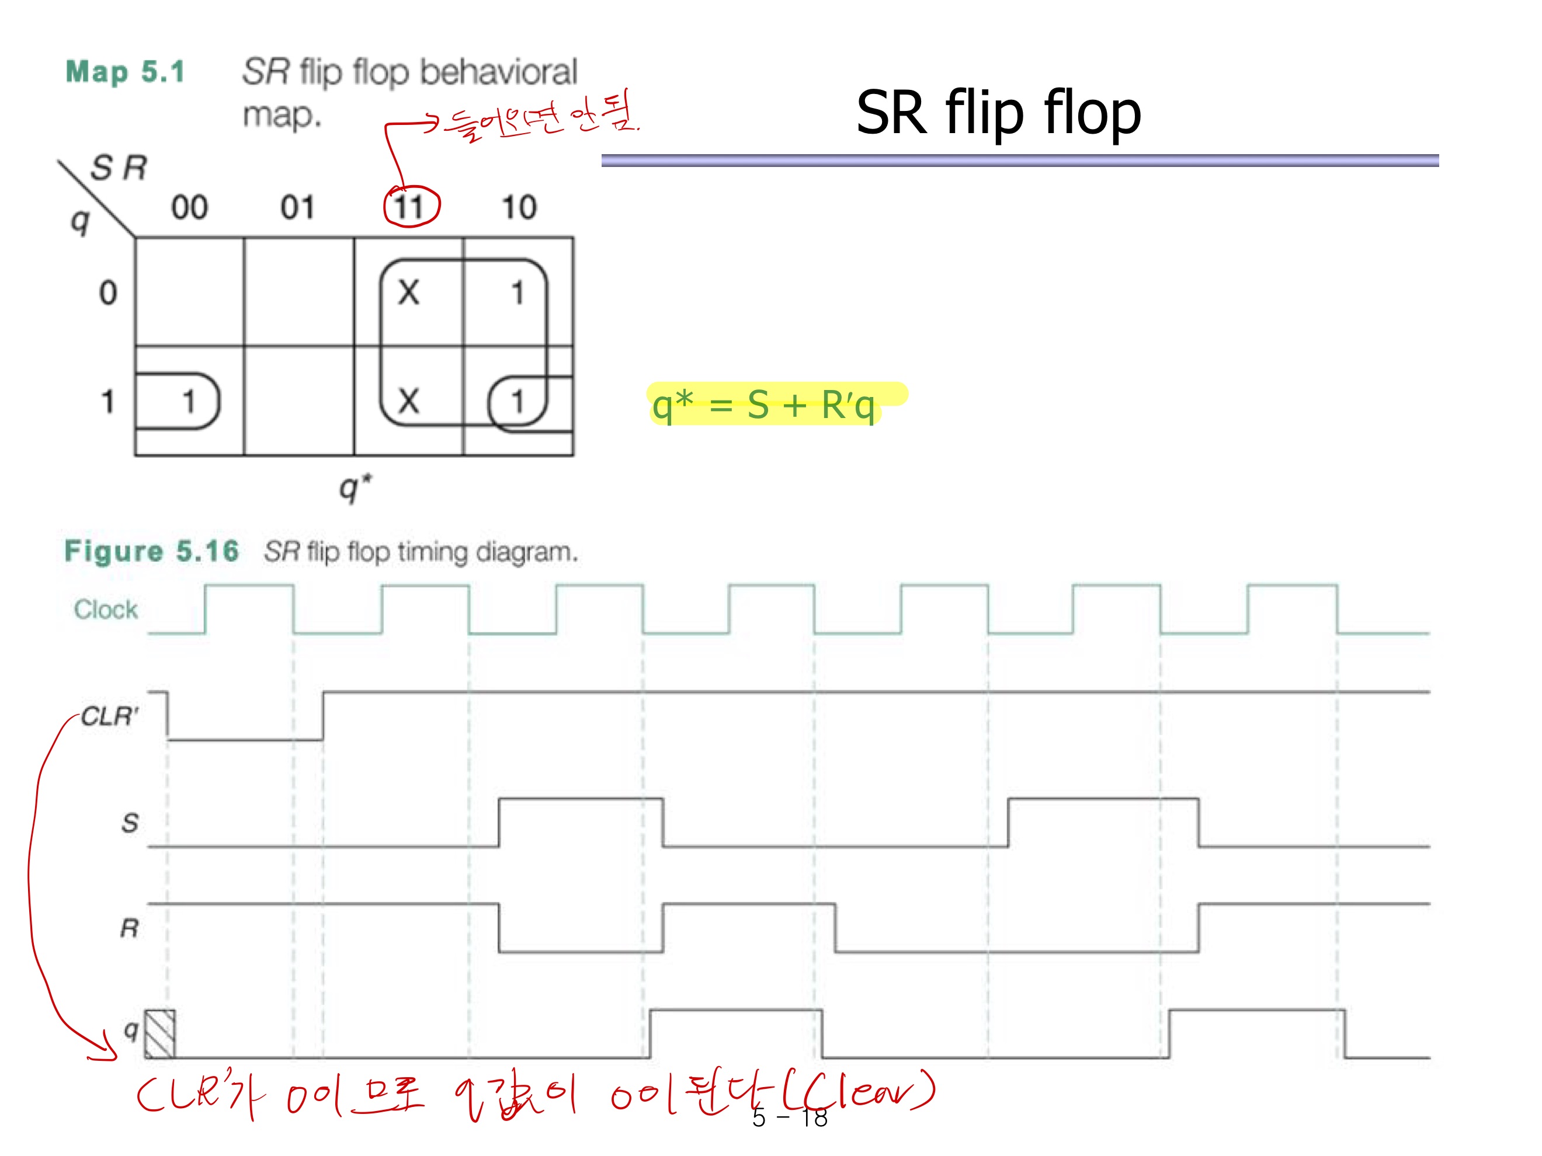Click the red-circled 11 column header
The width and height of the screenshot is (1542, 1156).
(x=411, y=207)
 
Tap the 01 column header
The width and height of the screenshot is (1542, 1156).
(x=298, y=207)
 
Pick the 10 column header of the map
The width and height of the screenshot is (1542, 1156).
(x=519, y=207)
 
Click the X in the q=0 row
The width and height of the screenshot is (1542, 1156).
(x=408, y=292)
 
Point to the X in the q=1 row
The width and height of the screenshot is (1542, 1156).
(x=408, y=401)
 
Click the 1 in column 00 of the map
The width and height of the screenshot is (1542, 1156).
(x=188, y=401)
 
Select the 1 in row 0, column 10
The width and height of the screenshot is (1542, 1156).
(x=518, y=293)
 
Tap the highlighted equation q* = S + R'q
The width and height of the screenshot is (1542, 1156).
(x=764, y=405)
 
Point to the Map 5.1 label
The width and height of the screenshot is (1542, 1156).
(x=126, y=72)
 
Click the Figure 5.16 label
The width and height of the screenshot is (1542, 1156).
(x=151, y=551)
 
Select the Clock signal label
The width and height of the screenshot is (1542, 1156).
(x=106, y=610)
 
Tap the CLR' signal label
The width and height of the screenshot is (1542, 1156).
(x=109, y=716)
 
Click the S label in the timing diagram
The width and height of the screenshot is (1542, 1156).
(x=130, y=823)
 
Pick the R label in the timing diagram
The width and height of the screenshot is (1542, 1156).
(x=130, y=928)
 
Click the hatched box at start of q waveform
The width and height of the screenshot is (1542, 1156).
(x=159, y=1033)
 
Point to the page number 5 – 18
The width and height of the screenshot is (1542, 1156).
(x=790, y=1117)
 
